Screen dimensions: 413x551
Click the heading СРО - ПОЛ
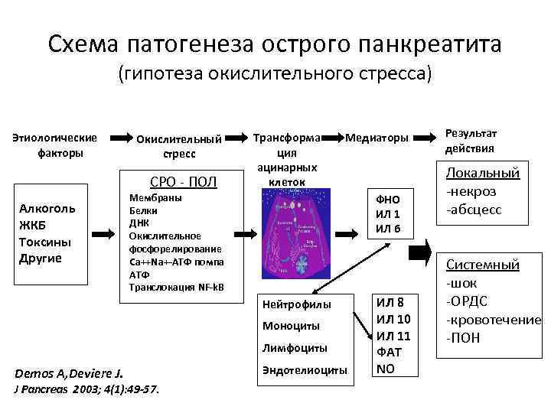tap(185, 182)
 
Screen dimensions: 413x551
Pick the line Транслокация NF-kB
tap(176, 287)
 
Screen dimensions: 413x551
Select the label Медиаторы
tap(377, 138)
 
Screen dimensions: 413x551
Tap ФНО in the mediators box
tap(386, 200)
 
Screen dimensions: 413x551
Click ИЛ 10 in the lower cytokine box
tap(394, 318)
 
